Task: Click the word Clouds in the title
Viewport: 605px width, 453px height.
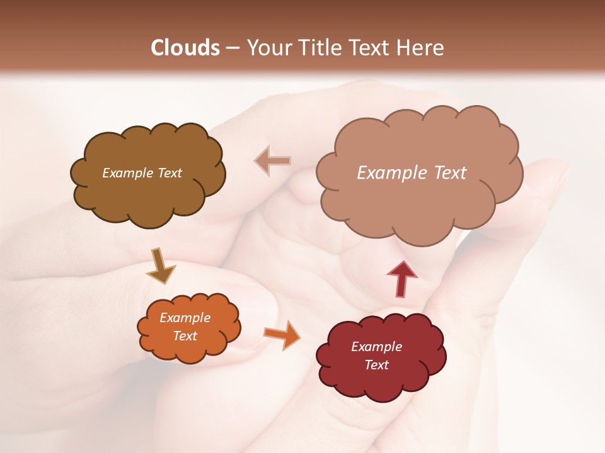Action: tap(186, 48)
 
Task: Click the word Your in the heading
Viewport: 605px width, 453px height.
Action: tap(269, 48)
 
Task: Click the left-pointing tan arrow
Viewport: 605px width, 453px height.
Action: tap(272, 160)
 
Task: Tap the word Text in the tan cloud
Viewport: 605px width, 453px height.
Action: tap(449, 173)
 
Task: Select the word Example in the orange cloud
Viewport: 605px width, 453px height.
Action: tap(185, 318)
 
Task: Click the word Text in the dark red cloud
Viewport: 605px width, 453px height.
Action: tap(376, 365)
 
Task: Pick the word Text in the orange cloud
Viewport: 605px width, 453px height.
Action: tap(185, 336)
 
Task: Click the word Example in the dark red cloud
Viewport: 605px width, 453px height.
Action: tap(376, 347)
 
